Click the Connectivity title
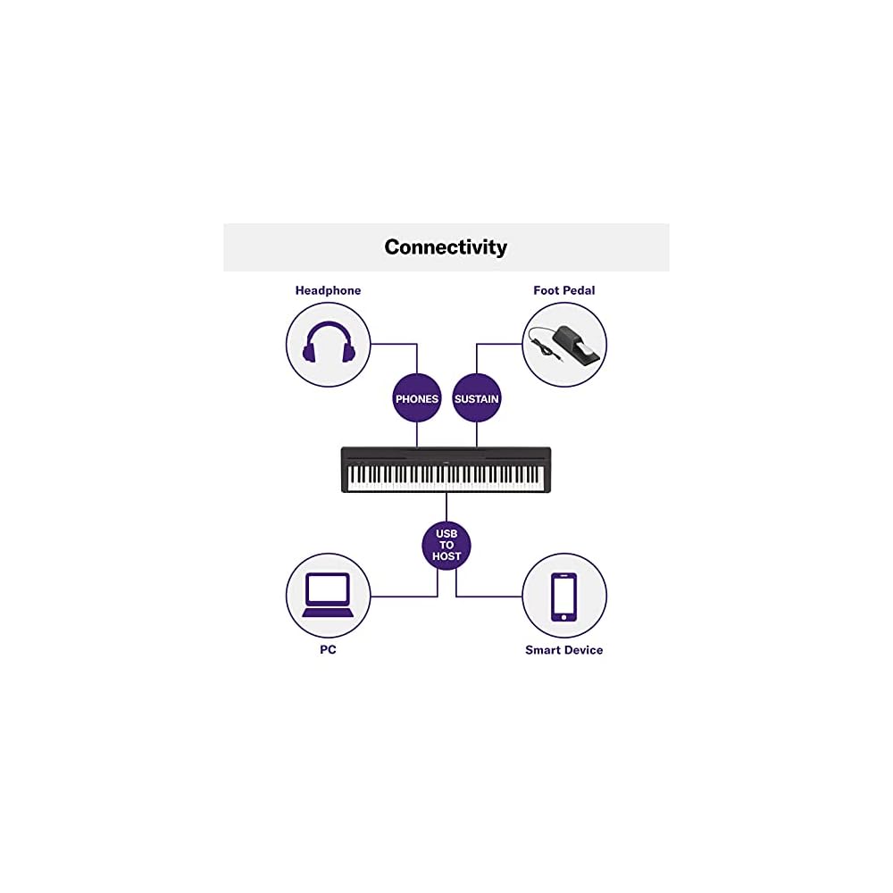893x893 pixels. coord(446,247)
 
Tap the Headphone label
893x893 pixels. coord(328,290)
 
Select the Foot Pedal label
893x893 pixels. coord(563,290)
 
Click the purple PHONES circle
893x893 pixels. coord(417,398)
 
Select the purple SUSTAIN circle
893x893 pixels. coord(476,398)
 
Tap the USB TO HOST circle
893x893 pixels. coord(446,545)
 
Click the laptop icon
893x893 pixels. coord(328,596)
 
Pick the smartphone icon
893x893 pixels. coord(563,596)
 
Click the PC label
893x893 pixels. coord(328,650)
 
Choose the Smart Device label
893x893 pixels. coord(563,650)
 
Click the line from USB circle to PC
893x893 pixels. coord(402,597)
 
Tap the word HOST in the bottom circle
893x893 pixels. coord(446,556)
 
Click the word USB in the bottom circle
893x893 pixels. coord(446,533)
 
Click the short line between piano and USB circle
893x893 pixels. coord(446,506)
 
